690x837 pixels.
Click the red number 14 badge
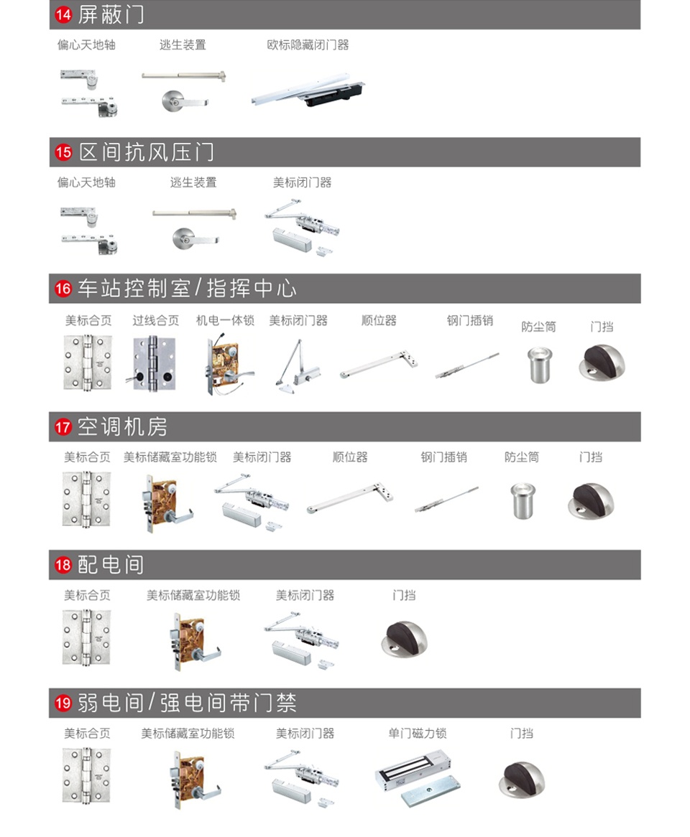(64, 14)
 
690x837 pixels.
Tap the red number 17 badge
(64, 427)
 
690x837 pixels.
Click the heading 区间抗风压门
(146, 152)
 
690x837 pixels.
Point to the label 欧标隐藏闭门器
(308, 45)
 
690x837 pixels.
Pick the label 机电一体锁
(225, 320)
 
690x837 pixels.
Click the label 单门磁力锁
(418, 733)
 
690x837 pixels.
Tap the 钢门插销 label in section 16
(470, 320)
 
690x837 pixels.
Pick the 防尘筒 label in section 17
(521, 457)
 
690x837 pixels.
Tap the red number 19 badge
(64, 703)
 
